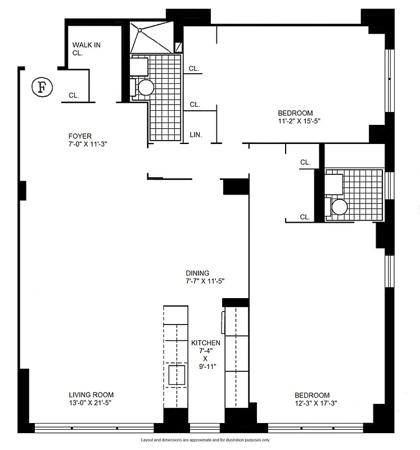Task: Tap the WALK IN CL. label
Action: click(86, 49)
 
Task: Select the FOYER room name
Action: click(80, 136)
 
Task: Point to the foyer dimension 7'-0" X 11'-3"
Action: click(87, 144)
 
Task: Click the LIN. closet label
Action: click(196, 135)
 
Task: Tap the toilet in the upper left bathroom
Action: click(145, 87)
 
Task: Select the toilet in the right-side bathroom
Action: click(338, 206)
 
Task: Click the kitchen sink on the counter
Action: click(177, 375)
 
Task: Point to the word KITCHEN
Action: click(206, 343)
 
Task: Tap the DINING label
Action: click(198, 273)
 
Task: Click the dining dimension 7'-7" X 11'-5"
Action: click(206, 281)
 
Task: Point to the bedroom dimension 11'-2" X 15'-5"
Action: click(299, 121)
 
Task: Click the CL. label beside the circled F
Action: click(74, 96)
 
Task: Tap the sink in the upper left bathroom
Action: click(138, 67)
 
